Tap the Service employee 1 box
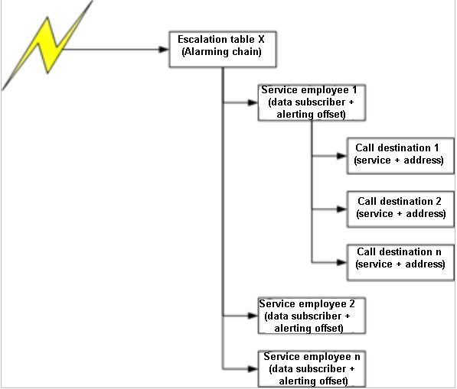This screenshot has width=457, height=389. point(312,102)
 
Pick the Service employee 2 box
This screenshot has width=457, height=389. point(312,316)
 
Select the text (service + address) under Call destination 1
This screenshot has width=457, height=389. point(400,160)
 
